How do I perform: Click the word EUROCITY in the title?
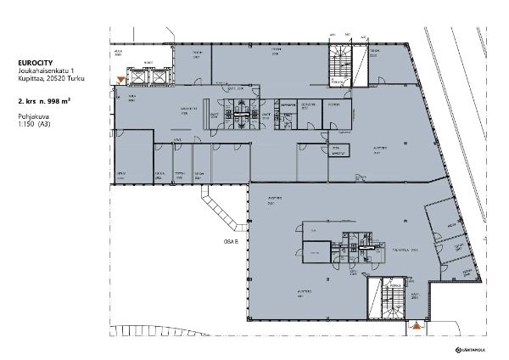click(33, 63)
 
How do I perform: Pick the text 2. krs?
click(25, 100)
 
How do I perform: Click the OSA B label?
click(231, 241)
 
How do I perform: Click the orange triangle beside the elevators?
click(121, 80)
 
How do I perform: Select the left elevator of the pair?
click(136, 75)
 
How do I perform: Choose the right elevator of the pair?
click(158, 75)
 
